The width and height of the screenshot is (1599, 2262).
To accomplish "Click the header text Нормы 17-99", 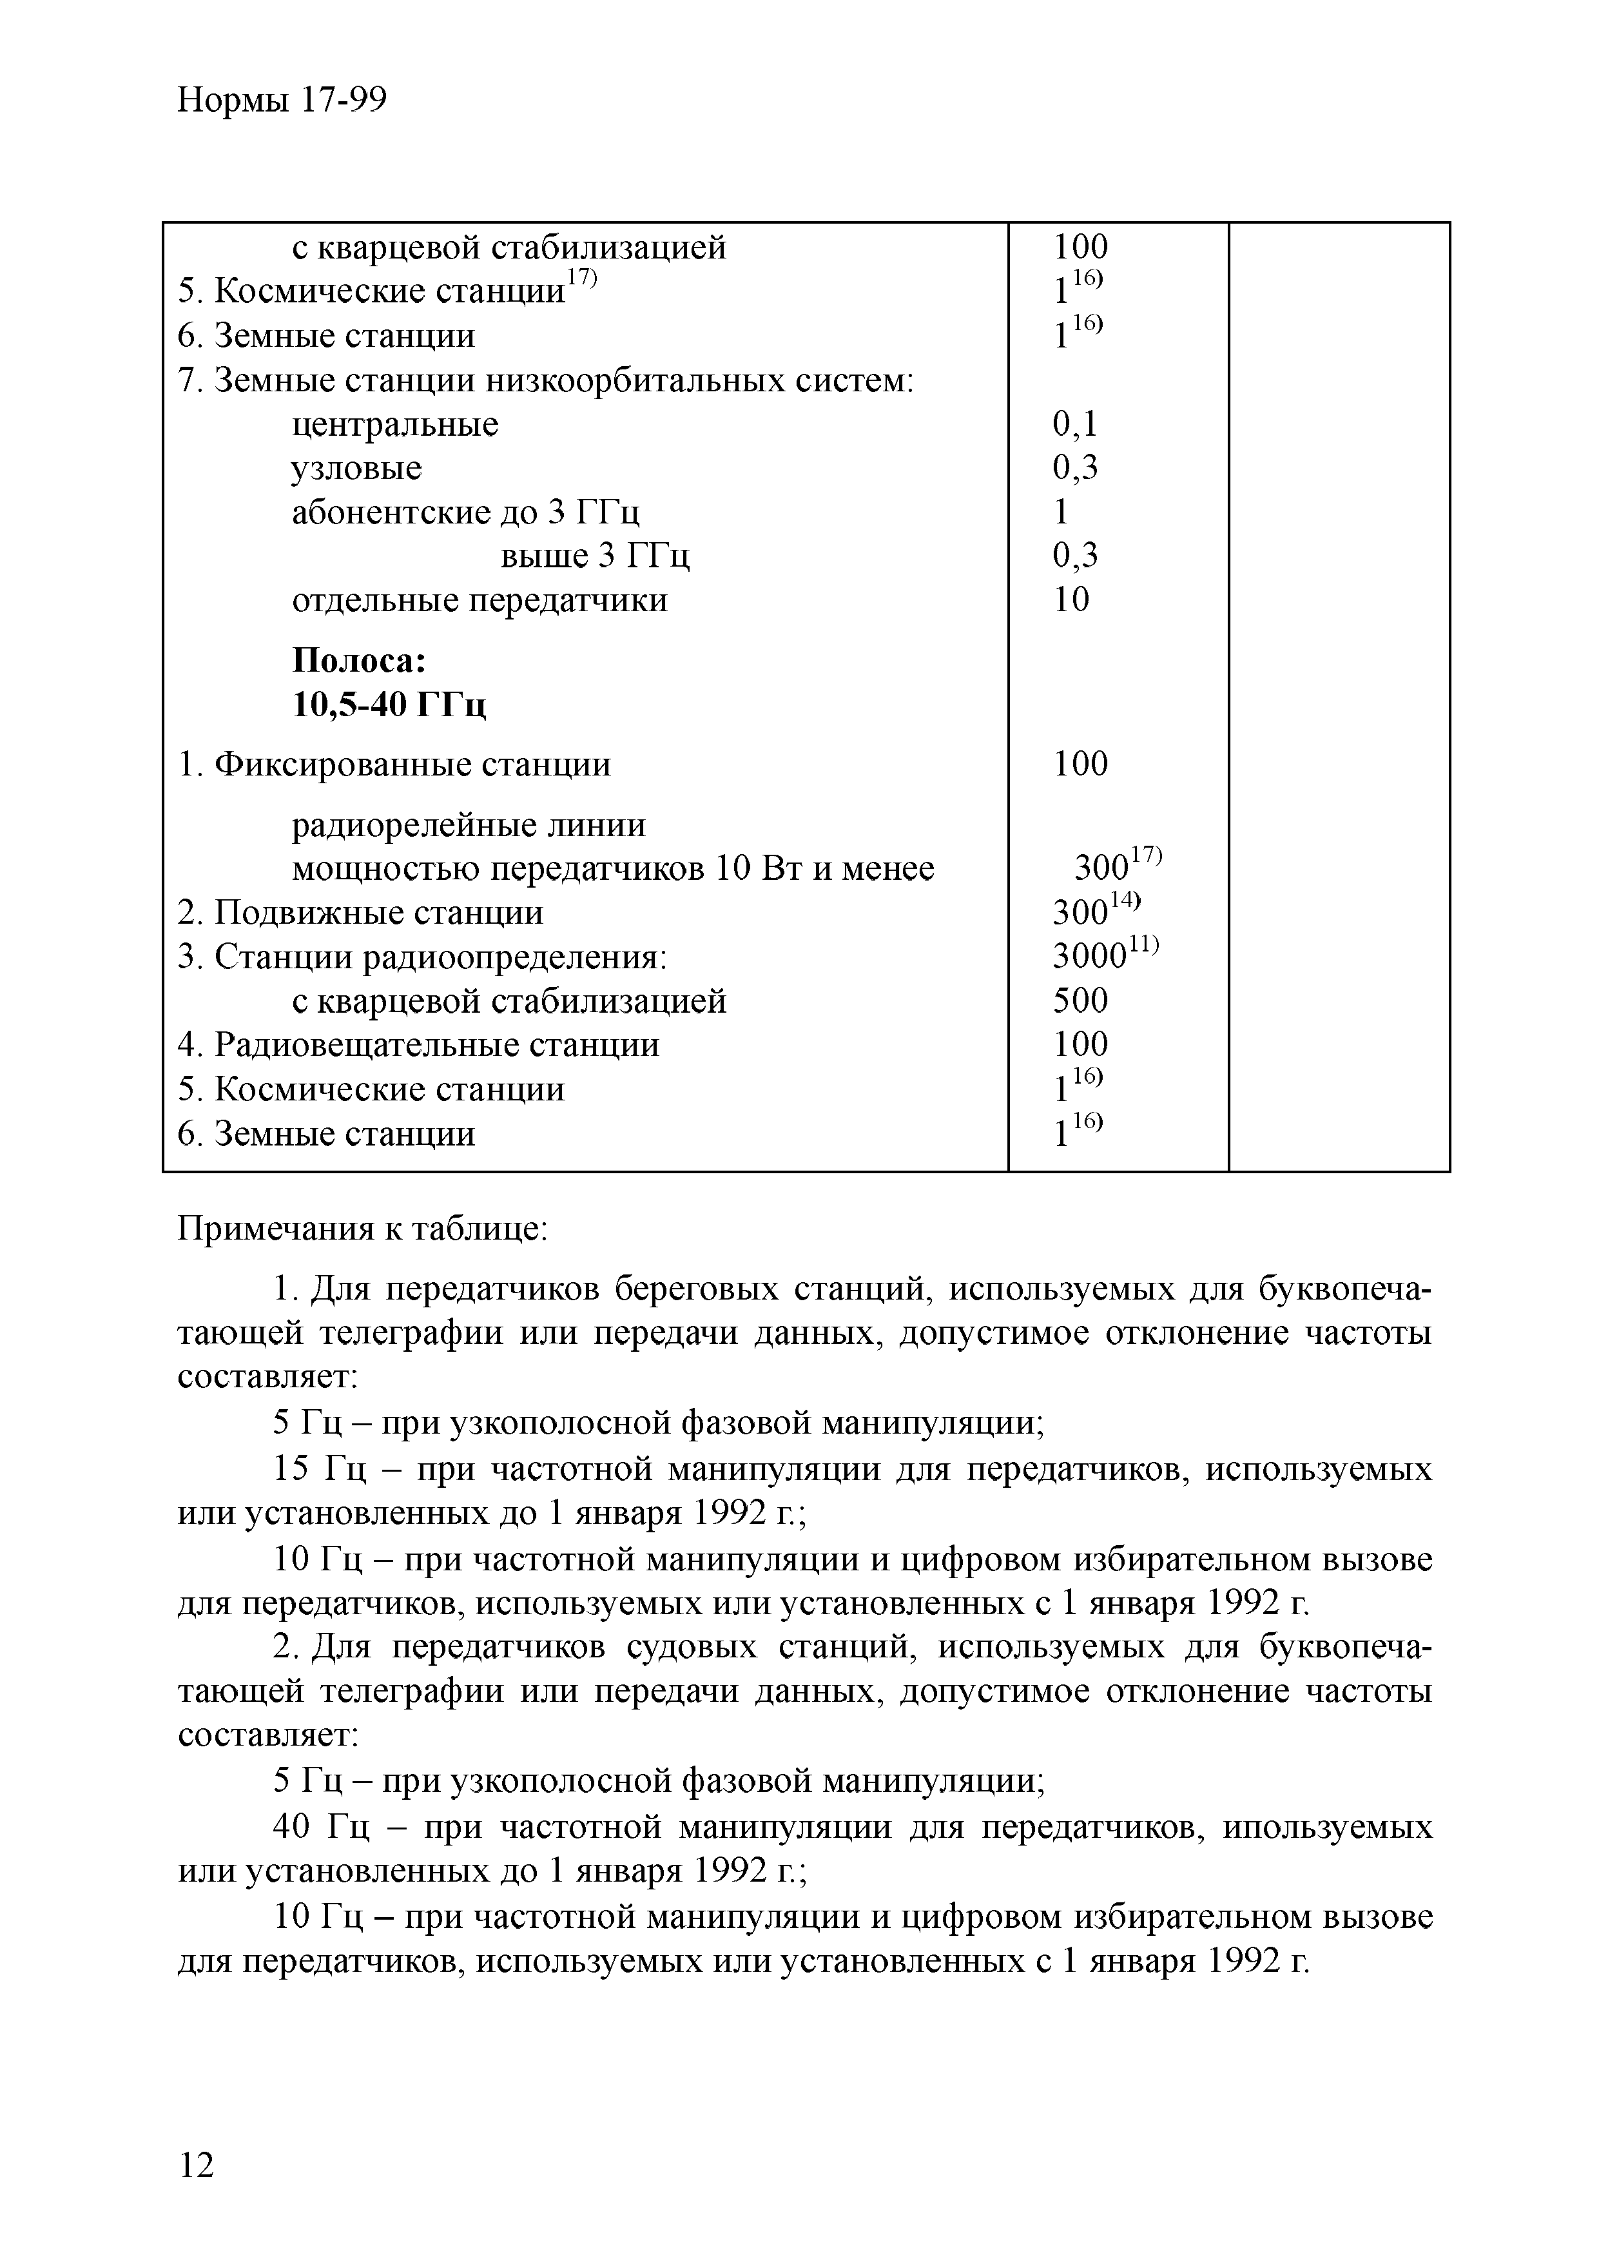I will [x=282, y=101].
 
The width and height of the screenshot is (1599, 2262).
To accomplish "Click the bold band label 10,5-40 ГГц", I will [x=390, y=705].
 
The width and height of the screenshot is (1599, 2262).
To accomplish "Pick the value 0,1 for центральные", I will [x=1074, y=425].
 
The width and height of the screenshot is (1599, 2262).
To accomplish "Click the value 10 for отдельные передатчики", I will [x=1071, y=600].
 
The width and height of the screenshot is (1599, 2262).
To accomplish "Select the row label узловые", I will [x=356, y=469].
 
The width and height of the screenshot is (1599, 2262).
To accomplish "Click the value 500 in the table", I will [x=1080, y=1001].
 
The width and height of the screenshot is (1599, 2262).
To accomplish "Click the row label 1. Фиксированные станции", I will [x=394, y=765].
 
